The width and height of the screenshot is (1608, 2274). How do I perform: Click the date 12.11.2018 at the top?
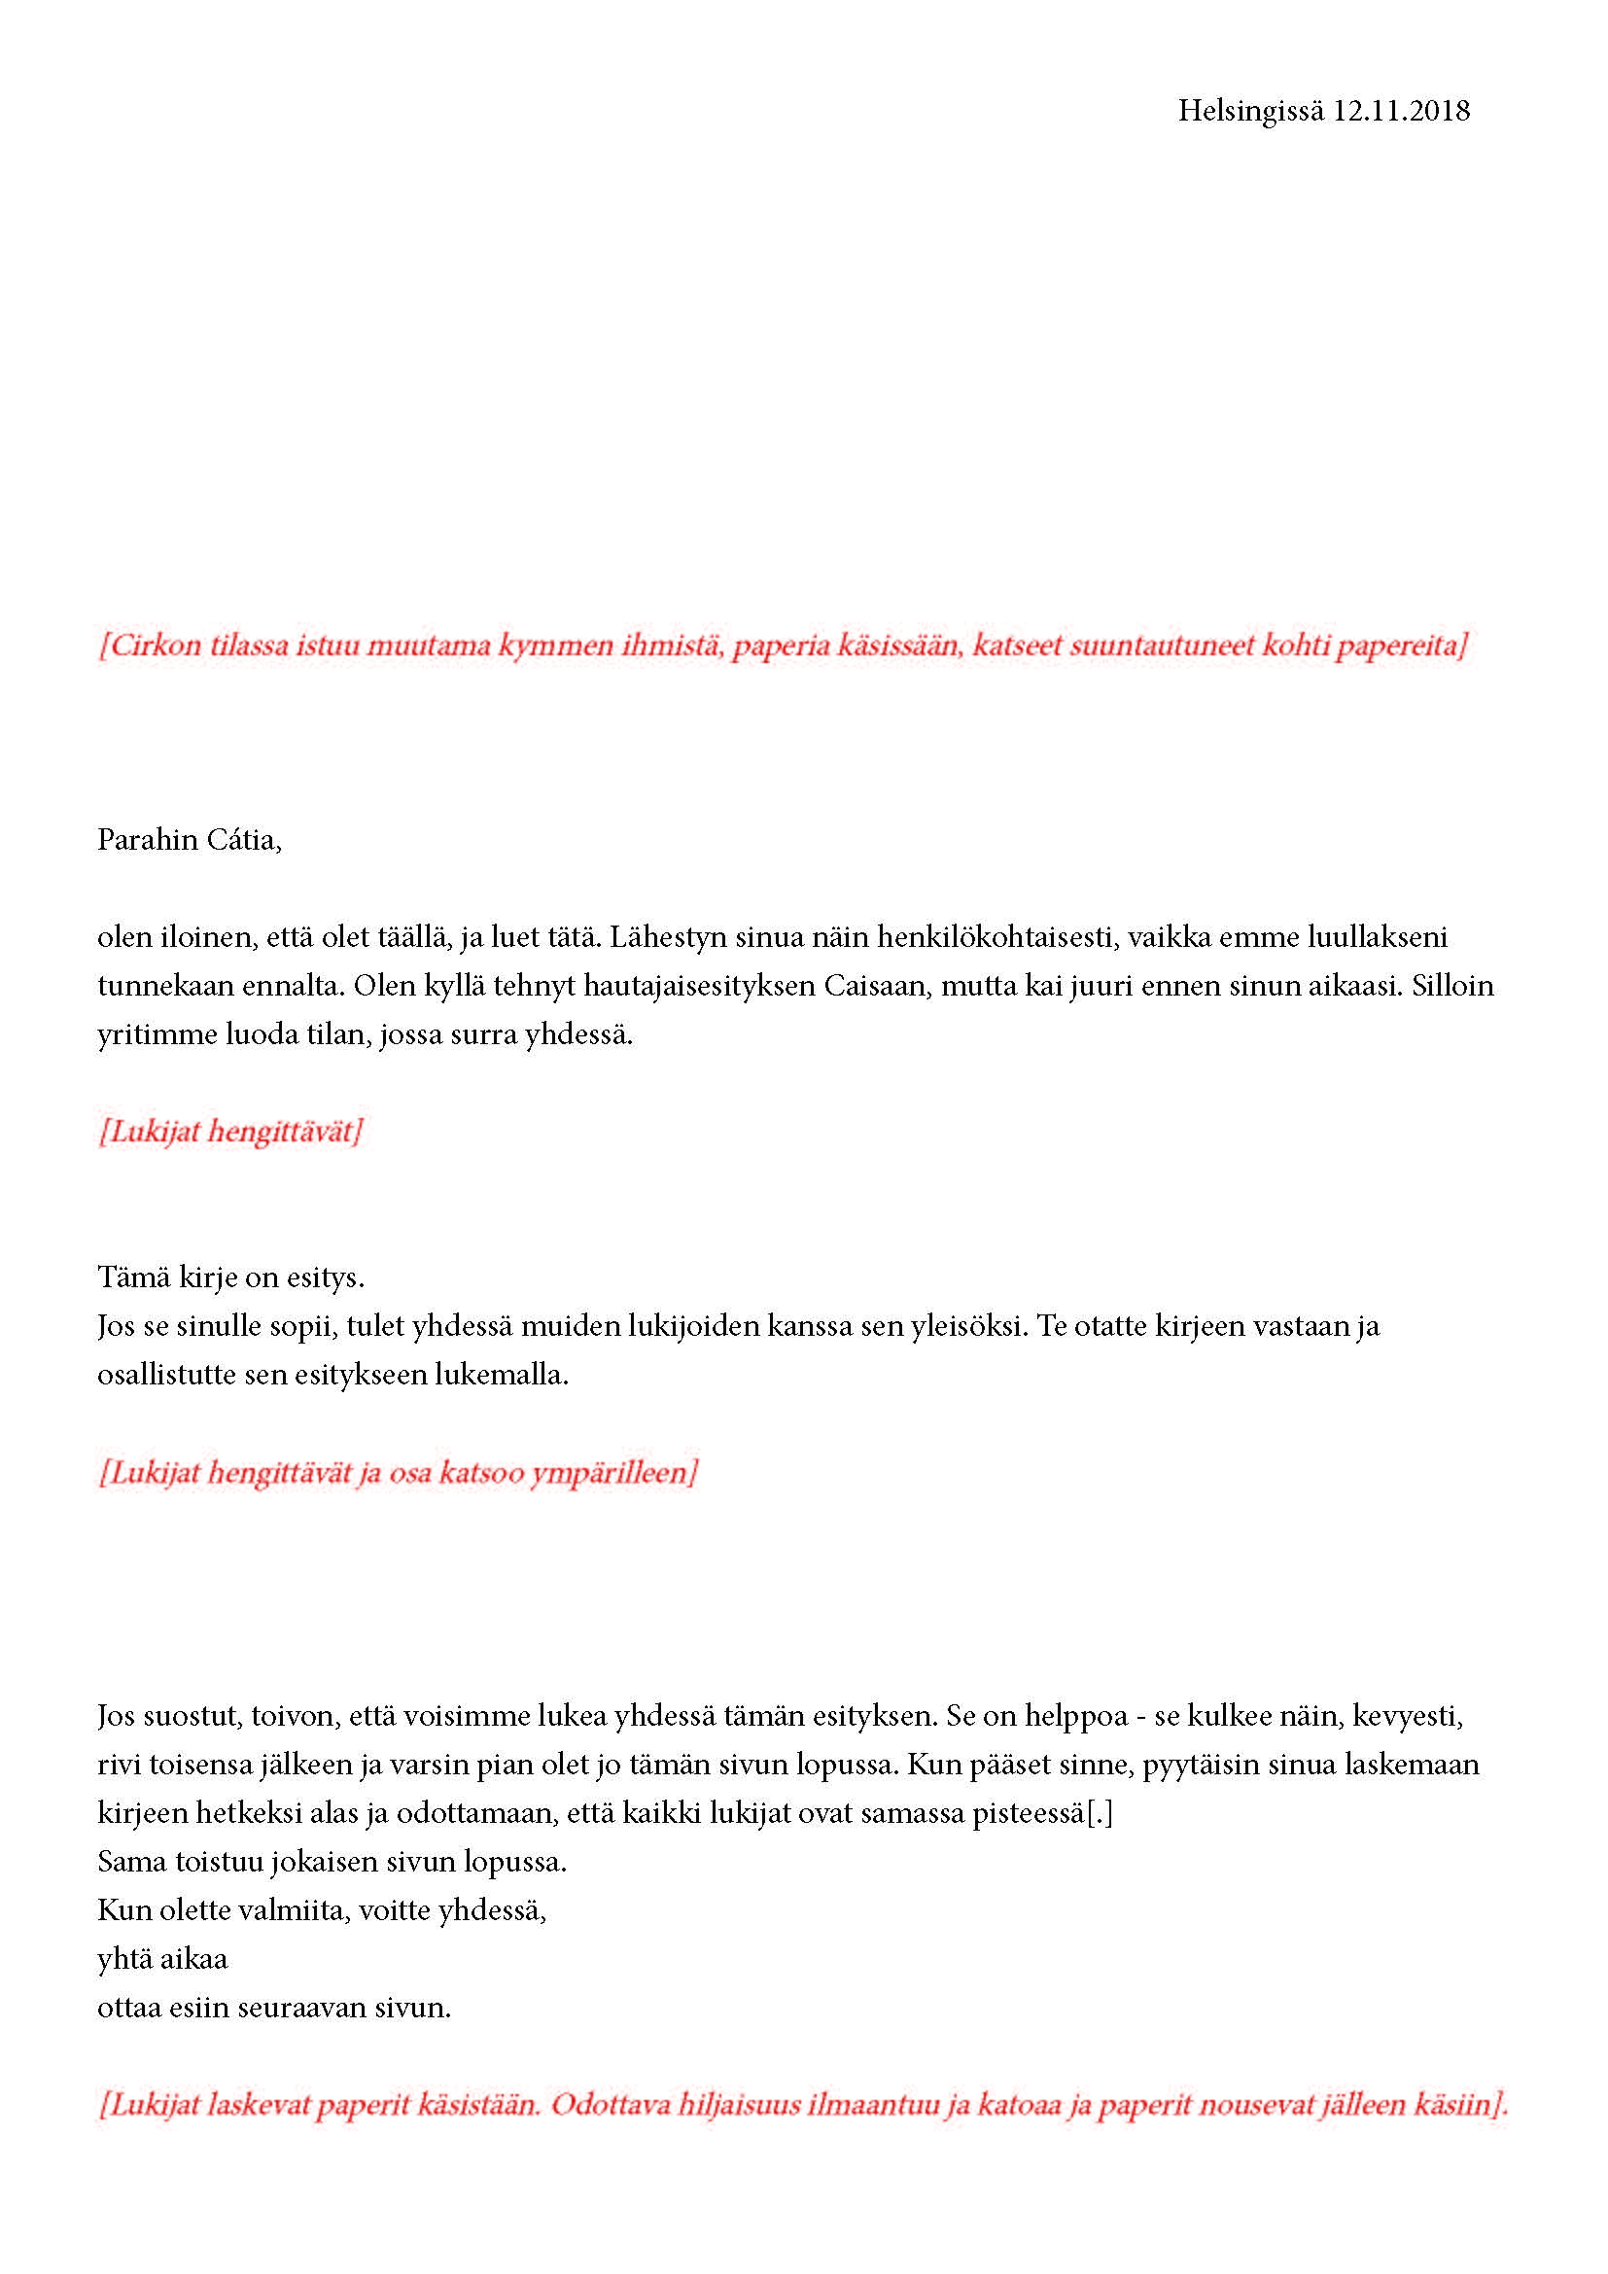tap(1400, 111)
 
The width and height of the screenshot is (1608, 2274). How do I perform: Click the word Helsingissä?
tap(1249, 111)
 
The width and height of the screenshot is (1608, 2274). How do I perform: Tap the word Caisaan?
tap(878, 986)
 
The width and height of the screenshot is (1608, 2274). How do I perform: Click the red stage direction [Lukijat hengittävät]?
tap(229, 1131)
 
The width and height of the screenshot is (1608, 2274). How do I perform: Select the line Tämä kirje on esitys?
tap(230, 1277)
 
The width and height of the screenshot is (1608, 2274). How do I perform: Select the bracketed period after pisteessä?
tap(1101, 1813)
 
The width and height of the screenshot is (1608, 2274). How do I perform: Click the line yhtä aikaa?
tap(162, 1959)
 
